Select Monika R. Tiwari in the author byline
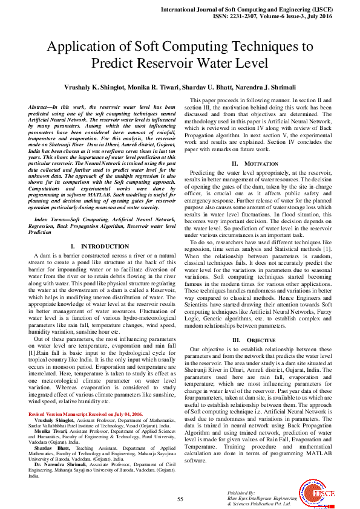(x=156, y=88)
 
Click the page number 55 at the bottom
(x=180, y=499)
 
